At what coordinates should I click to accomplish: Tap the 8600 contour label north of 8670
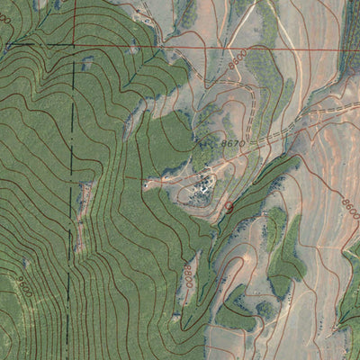tap(237, 63)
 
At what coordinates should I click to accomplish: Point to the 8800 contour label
tap(188, 269)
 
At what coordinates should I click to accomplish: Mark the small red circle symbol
tap(228, 206)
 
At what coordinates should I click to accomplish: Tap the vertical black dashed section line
tap(68, 225)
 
